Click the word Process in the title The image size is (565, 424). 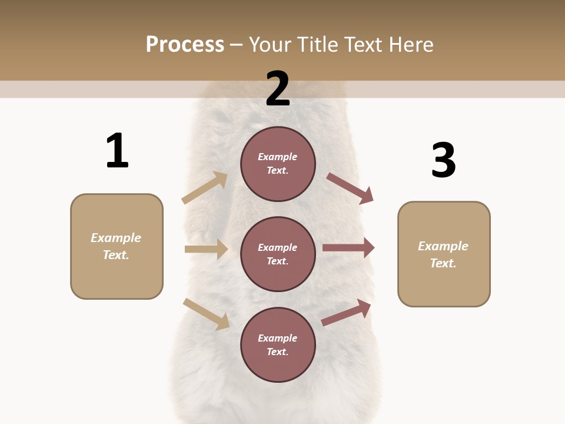(x=185, y=45)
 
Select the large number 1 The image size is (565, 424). (x=117, y=151)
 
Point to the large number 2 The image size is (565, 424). (x=278, y=88)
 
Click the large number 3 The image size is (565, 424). (x=443, y=160)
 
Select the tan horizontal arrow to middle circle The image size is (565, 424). (x=206, y=249)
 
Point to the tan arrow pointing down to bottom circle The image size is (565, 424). (x=206, y=313)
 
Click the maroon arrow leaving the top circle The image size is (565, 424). (x=350, y=188)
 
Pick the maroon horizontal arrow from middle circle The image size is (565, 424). (x=348, y=248)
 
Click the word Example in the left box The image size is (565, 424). (x=116, y=238)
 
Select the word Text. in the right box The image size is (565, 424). (x=443, y=263)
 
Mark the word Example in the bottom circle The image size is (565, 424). (x=278, y=338)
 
